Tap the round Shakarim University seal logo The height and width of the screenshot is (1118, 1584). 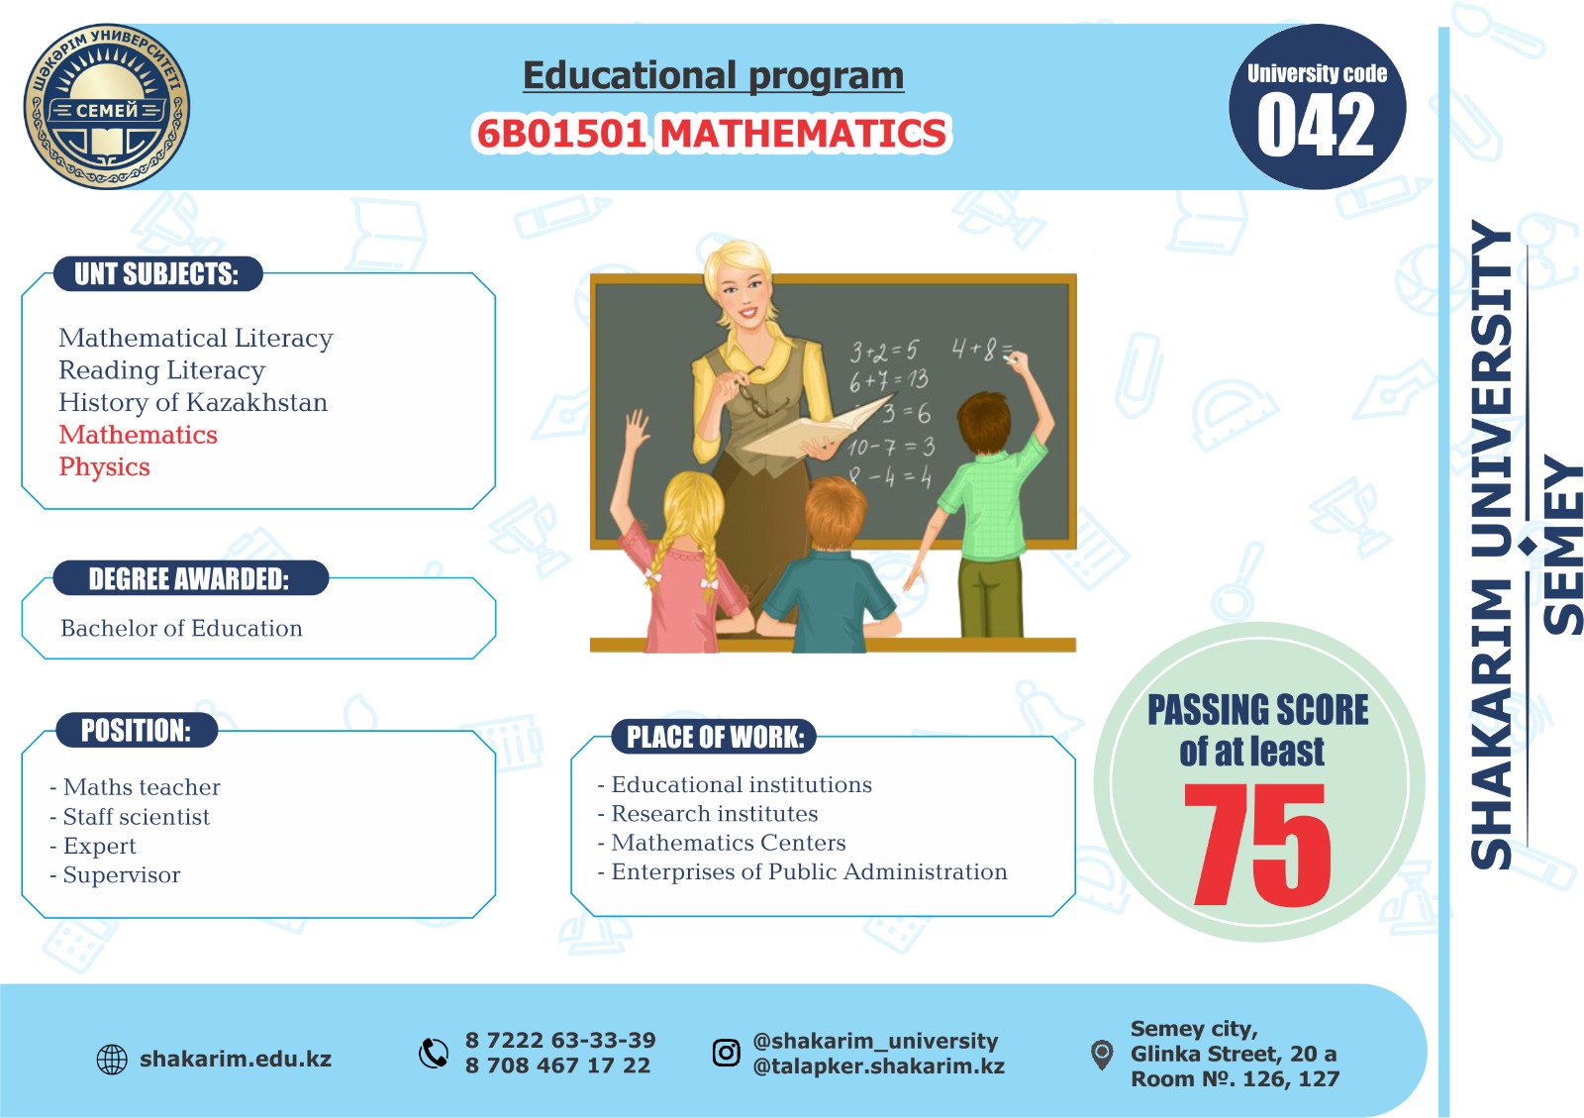pos(106,106)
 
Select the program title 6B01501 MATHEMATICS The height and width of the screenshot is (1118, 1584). pos(712,133)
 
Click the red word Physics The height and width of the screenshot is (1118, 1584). pos(104,467)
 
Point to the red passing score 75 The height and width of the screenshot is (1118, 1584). pos(1256,844)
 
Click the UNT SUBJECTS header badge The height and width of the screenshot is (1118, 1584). pos(157,273)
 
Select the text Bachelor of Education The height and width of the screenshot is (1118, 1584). pos(181,628)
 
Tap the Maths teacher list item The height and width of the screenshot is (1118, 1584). pos(135,787)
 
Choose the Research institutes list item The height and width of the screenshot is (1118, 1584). pos(707,814)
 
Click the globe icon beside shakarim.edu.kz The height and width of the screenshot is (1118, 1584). pos(112,1060)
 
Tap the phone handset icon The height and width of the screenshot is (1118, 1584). pos(434,1053)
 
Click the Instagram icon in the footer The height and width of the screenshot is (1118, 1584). pos(727,1053)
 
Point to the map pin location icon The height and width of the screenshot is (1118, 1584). pos(1102,1055)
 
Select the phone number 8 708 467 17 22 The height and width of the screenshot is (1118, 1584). pos(557,1066)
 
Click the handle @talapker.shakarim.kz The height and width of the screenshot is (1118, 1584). pos(878,1066)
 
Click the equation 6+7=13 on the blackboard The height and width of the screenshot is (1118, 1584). pos(889,381)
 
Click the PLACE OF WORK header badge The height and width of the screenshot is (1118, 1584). pos(714,737)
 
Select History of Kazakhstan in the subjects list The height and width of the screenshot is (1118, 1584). pos(193,402)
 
